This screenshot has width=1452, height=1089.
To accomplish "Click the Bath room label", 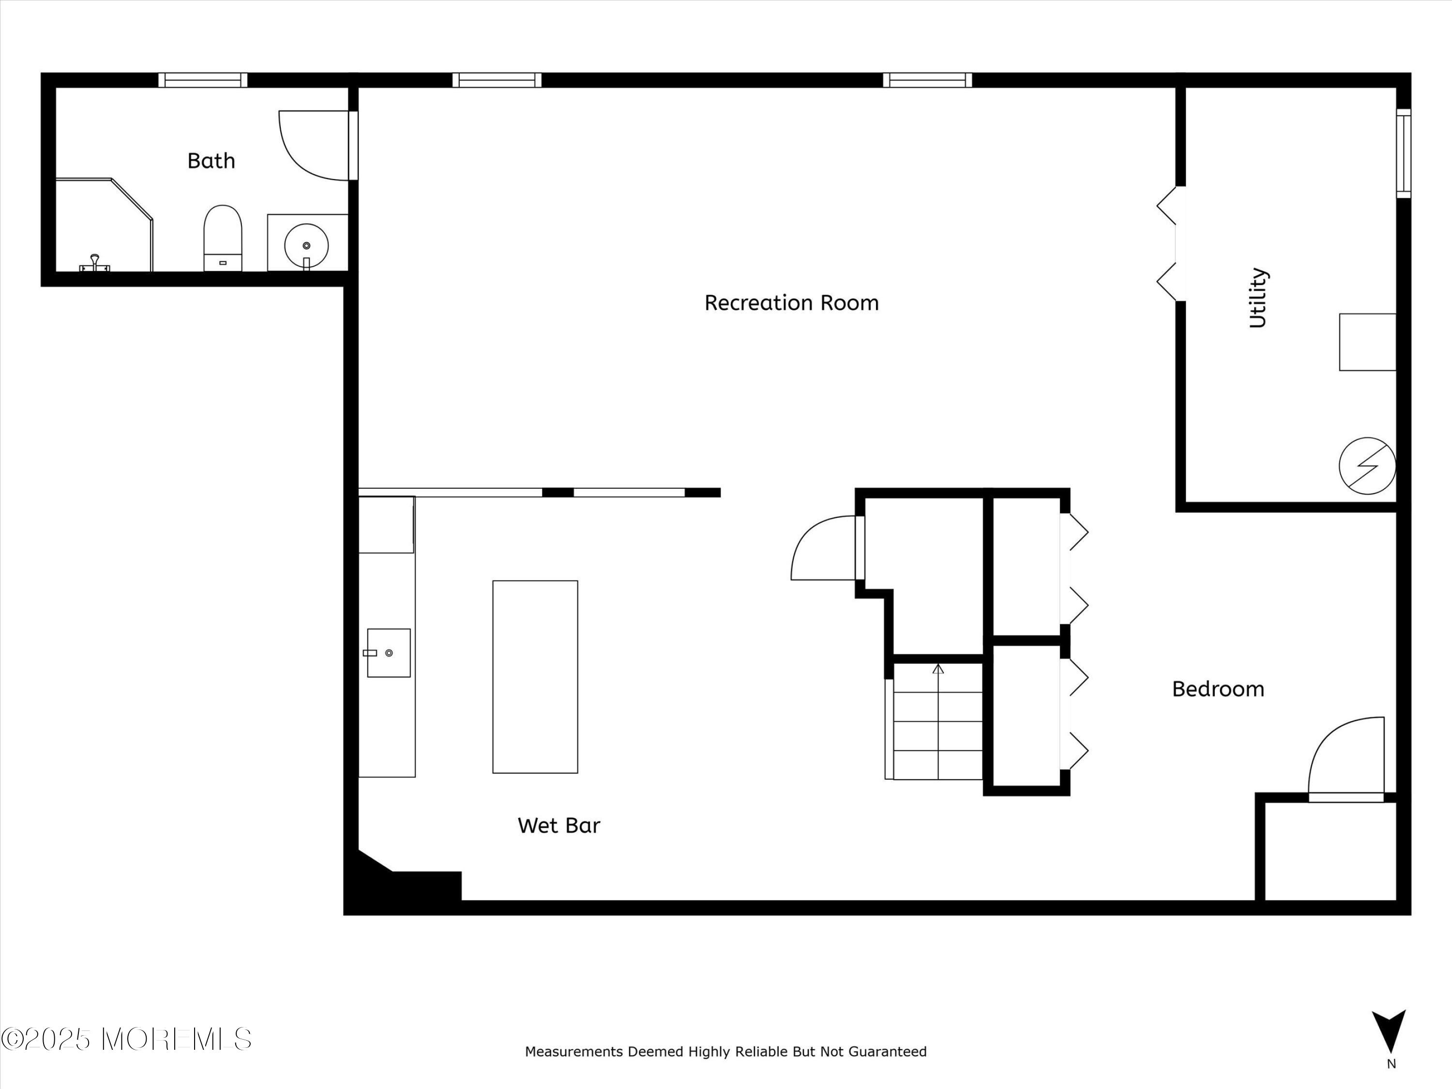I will [x=211, y=161].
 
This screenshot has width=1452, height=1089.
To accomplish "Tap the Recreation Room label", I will [x=791, y=302].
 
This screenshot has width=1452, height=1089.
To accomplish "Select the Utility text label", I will [x=1258, y=297].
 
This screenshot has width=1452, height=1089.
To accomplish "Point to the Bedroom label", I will [x=1218, y=689].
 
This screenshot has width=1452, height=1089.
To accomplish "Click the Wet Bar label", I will [x=559, y=825].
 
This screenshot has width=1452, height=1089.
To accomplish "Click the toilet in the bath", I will [x=223, y=238].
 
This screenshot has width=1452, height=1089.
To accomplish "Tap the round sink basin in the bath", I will [x=306, y=245].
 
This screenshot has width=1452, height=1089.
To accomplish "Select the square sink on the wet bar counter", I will [x=389, y=652].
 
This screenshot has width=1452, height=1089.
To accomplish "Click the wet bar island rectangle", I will [x=535, y=676].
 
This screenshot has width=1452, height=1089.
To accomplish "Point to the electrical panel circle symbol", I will [x=1367, y=466].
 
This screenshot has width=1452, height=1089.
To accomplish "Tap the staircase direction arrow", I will [x=938, y=669].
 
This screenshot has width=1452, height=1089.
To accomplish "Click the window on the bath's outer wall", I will [x=203, y=80].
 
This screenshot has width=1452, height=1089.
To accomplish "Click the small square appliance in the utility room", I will [x=1367, y=342].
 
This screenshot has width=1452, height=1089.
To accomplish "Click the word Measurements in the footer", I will [x=573, y=1052].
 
